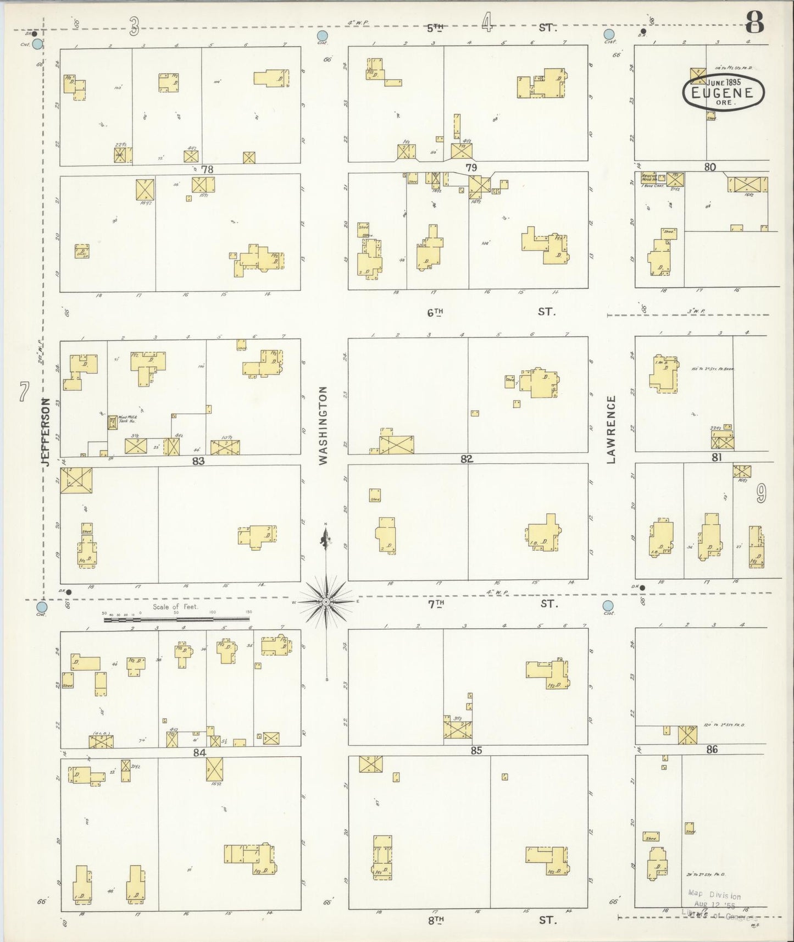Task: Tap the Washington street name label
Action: (323, 425)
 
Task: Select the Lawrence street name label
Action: (611, 429)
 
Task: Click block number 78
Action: (207, 169)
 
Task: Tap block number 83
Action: (198, 461)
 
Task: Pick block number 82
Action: (467, 459)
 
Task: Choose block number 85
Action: (476, 750)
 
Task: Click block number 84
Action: (199, 752)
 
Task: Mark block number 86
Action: (712, 749)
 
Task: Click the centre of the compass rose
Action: (326, 602)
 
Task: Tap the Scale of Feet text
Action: (175, 607)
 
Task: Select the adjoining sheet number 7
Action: (23, 392)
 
